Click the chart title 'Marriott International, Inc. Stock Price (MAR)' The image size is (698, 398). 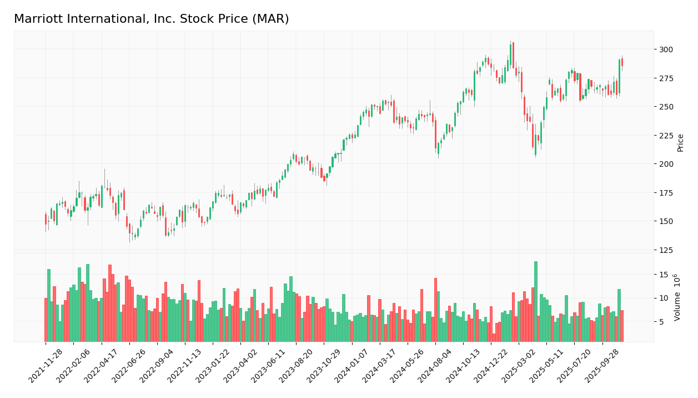coord(151,19)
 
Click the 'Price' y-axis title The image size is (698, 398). coord(680,143)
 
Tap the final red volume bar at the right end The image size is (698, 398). coord(622,326)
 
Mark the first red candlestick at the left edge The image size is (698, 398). coord(46,219)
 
